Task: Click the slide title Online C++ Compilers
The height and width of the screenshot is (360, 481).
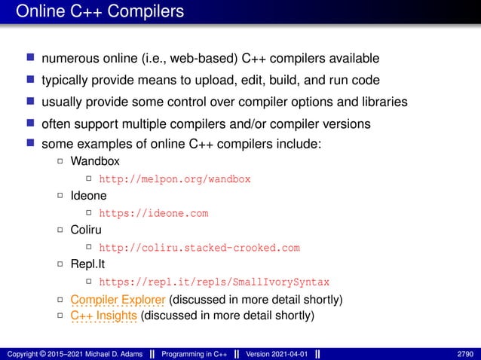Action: pyautogui.click(x=99, y=13)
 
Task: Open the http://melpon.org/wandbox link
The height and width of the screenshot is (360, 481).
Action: pyautogui.click(x=175, y=179)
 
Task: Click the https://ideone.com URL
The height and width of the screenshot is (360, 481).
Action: pyautogui.click(x=154, y=213)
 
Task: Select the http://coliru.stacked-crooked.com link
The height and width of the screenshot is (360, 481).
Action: pyautogui.click(x=200, y=248)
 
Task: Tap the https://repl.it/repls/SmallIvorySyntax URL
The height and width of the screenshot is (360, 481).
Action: pyautogui.click(x=214, y=282)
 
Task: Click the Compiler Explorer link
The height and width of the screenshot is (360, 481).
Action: pyautogui.click(x=113, y=301)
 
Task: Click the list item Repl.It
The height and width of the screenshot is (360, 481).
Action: pyautogui.click(x=89, y=265)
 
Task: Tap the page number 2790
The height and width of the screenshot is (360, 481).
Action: pyautogui.click(x=467, y=354)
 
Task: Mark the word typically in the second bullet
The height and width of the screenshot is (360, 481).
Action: pyautogui.click(x=65, y=81)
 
